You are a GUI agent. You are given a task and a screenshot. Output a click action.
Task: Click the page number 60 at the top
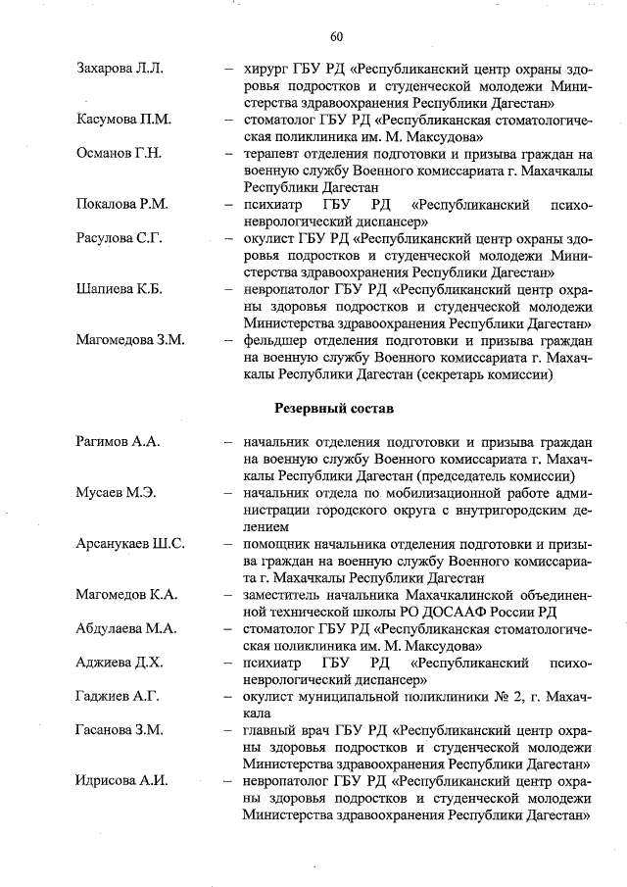point(336,36)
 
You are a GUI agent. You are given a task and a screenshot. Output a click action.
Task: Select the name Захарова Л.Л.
point(120,70)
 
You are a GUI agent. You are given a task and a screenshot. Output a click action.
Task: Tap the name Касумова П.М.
point(123,120)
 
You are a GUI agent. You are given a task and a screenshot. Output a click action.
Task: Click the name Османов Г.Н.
point(119,154)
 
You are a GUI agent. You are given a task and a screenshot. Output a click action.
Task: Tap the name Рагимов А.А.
point(118,442)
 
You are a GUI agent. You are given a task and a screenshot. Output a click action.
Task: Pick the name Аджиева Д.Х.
point(120,663)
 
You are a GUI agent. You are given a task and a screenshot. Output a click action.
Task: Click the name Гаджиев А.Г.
point(117,696)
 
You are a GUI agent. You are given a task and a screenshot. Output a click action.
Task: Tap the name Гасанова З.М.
point(121,730)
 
